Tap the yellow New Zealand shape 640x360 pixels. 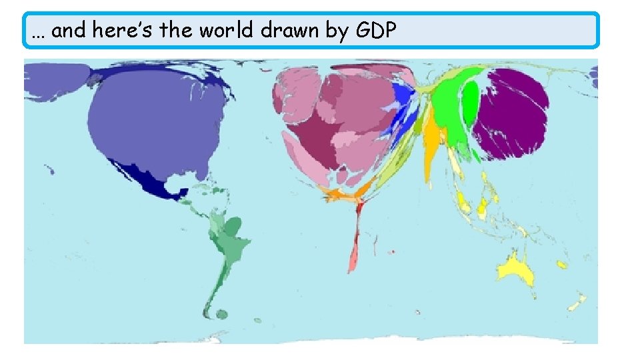[x=576, y=303]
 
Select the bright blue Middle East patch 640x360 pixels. [x=402, y=110]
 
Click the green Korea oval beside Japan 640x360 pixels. [x=471, y=100]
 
